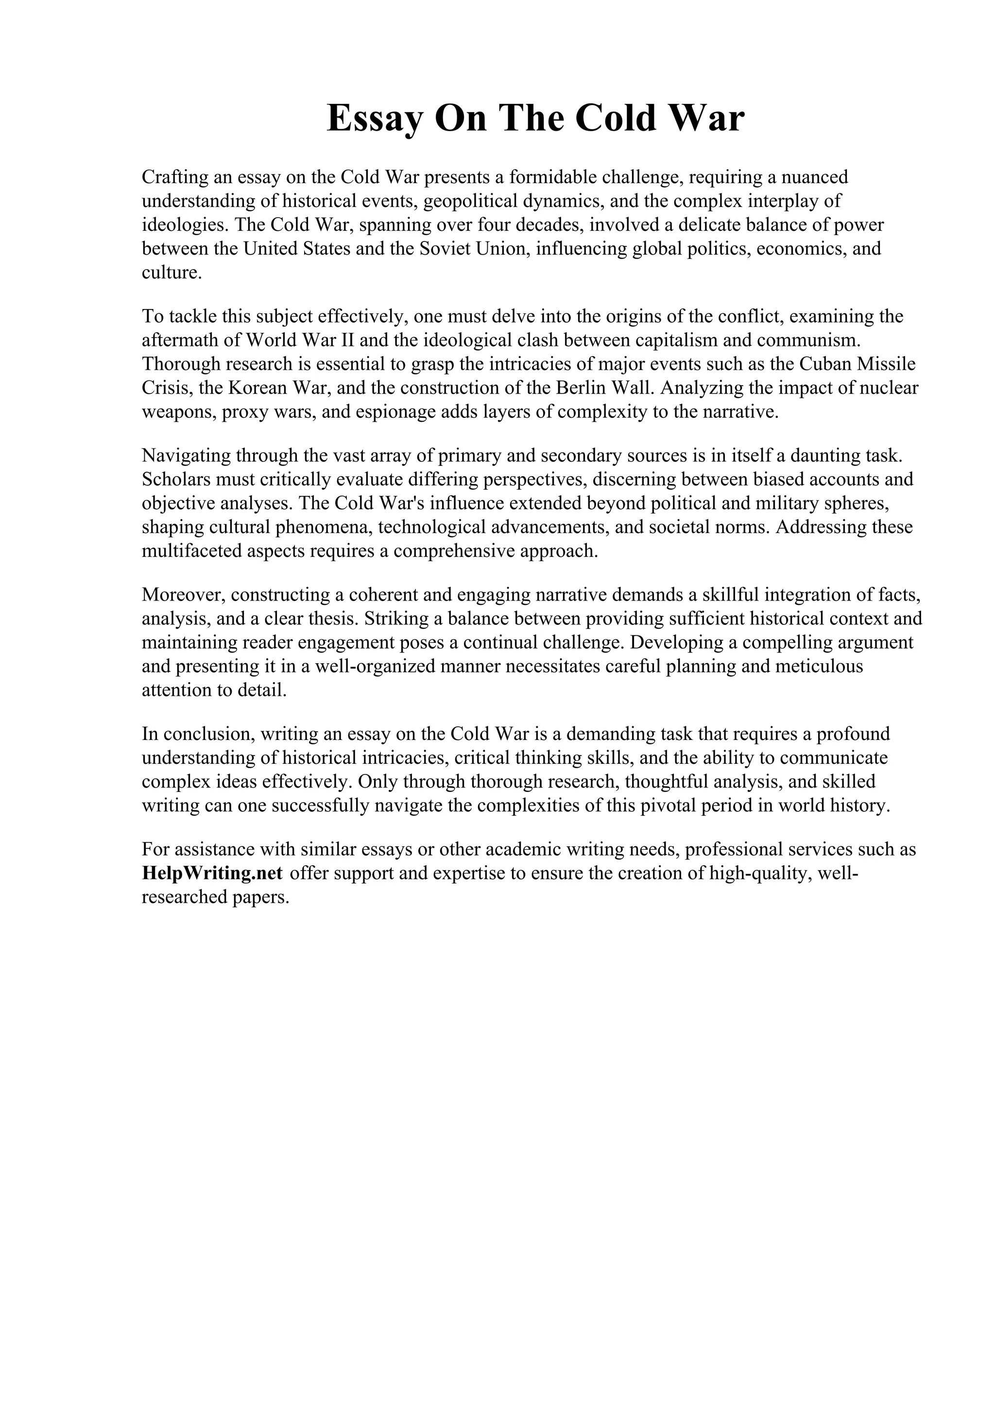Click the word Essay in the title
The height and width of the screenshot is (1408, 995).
(375, 119)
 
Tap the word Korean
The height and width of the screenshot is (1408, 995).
(255, 388)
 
